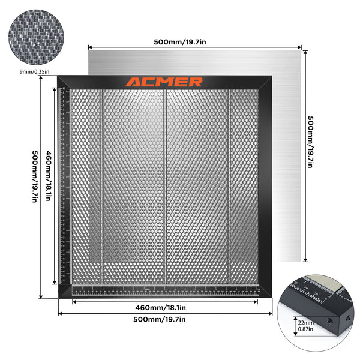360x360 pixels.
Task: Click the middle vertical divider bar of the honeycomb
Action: (x=165, y=186)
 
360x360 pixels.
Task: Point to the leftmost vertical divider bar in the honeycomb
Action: (x=101, y=186)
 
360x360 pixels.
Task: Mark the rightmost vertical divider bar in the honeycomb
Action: (x=229, y=186)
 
